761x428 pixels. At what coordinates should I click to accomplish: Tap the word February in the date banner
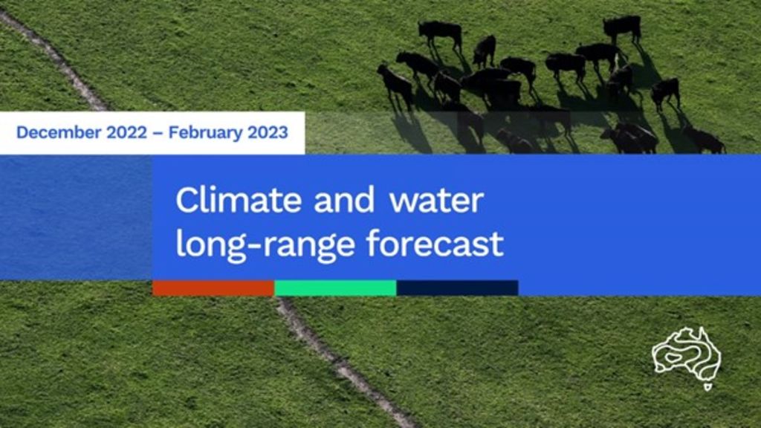point(207,133)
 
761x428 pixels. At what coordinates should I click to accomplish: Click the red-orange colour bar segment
point(213,288)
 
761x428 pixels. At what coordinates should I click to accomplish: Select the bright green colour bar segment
point(335,288)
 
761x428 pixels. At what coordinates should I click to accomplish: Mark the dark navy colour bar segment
point(457,288)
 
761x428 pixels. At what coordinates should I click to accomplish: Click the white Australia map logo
point(687,351)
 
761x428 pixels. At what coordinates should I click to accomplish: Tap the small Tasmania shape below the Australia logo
point(707,386)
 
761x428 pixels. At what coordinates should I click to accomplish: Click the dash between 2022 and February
point(160,134)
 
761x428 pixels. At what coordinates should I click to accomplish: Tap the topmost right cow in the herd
point(622,27)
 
